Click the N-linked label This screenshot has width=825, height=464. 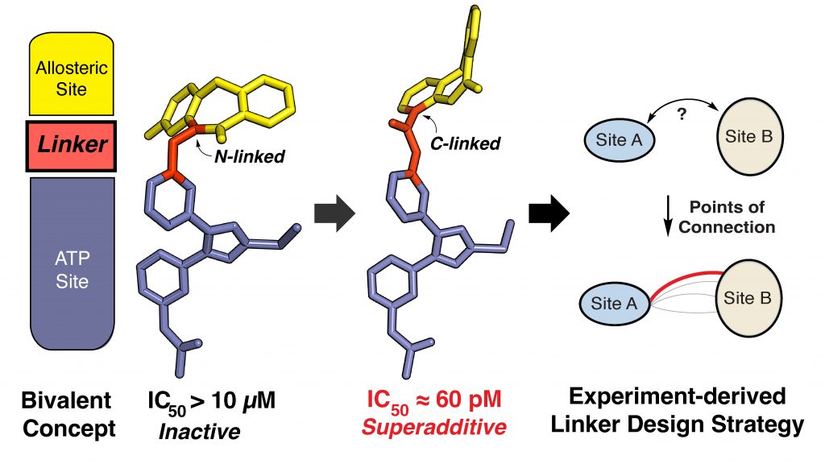pos(253,157)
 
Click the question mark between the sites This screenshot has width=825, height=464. pos(682,114)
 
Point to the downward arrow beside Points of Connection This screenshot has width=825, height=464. pos(667,217)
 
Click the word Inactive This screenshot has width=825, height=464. pos(199,431)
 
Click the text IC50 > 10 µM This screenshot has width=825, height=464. pos(213,401)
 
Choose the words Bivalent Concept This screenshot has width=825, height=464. pos(68,414)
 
